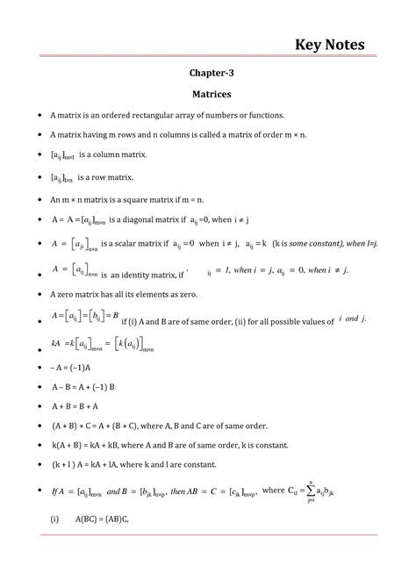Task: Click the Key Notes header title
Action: [x=330, y=43]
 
